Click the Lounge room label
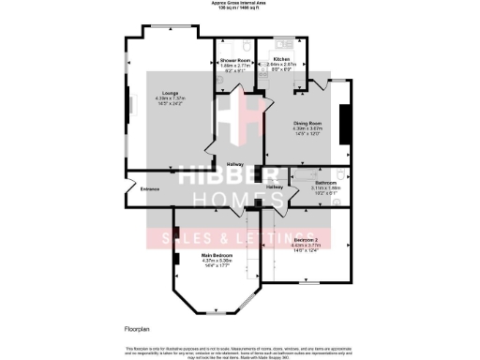(170, 92)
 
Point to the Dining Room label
(293, 122)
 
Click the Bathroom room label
(325, 182)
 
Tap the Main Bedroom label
(217, 254)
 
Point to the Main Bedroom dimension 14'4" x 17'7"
(217, 265)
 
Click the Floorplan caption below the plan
(138, 329)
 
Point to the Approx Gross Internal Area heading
(240, 4)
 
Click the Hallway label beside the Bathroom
(275, 187)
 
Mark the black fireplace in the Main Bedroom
(174, 237)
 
